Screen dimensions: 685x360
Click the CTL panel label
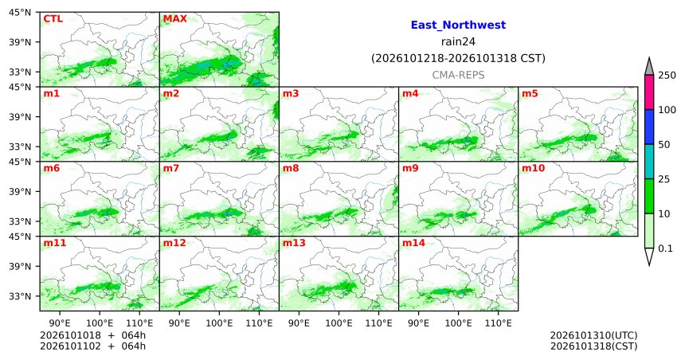click(x=53, y=19)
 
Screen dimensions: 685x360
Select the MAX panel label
click(x=174, y=19)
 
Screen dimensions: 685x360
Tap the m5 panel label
click(x=530, y=93)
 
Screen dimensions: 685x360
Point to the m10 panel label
click(x=533, y=168)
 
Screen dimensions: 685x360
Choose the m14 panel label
click(x=413, y=243)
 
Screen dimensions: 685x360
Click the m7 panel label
click(x=171, y=168)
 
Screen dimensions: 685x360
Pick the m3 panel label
click(x=291, y=93)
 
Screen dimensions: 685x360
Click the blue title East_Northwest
click(x=458, y=25)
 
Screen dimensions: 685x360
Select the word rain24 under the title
click(x=458, y=41)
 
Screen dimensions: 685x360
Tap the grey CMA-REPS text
click(x=458, y=75)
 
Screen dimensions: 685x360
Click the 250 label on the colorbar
click(x=667, y=75)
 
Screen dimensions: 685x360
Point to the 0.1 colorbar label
click(x=665, y=248)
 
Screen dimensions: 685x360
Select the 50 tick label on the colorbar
click(x=664, y=145)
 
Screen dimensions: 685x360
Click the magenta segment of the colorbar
click(x=649, y=92)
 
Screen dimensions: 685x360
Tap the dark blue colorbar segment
click(x=649, y=127)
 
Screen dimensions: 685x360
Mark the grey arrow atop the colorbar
click(x=649, y=68)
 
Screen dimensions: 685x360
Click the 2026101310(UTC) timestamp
click(x=593, y=335)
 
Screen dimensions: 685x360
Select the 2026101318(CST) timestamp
click(x=593, y=346)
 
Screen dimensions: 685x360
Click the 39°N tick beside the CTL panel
click(x=20, y=42)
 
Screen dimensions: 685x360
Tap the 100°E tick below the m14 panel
click(x=458, y=323)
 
